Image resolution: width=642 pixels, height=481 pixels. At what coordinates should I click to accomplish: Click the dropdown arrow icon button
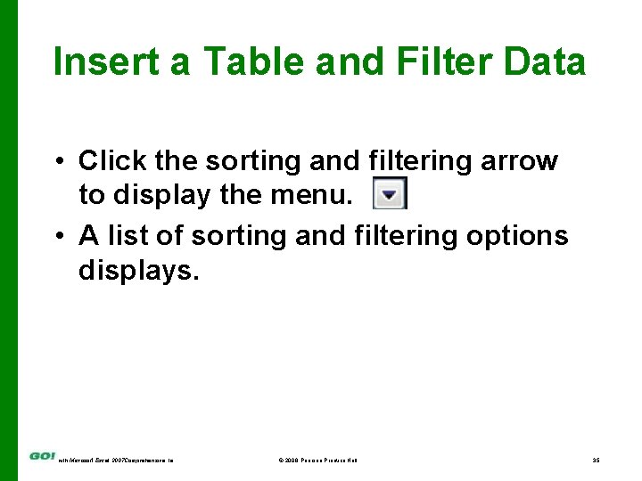pos(389,193)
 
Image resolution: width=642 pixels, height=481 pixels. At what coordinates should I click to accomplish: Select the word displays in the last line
pos(135,269)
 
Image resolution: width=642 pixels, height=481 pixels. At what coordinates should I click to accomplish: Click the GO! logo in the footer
pos(42,457)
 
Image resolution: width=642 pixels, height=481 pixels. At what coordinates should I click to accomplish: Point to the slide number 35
pos(596,460)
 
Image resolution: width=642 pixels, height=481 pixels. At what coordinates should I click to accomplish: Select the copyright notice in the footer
pos(317,460)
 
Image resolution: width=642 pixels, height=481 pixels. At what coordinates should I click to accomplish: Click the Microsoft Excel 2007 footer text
pos(116,460)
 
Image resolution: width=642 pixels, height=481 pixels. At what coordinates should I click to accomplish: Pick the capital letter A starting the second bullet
pos(89,236)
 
